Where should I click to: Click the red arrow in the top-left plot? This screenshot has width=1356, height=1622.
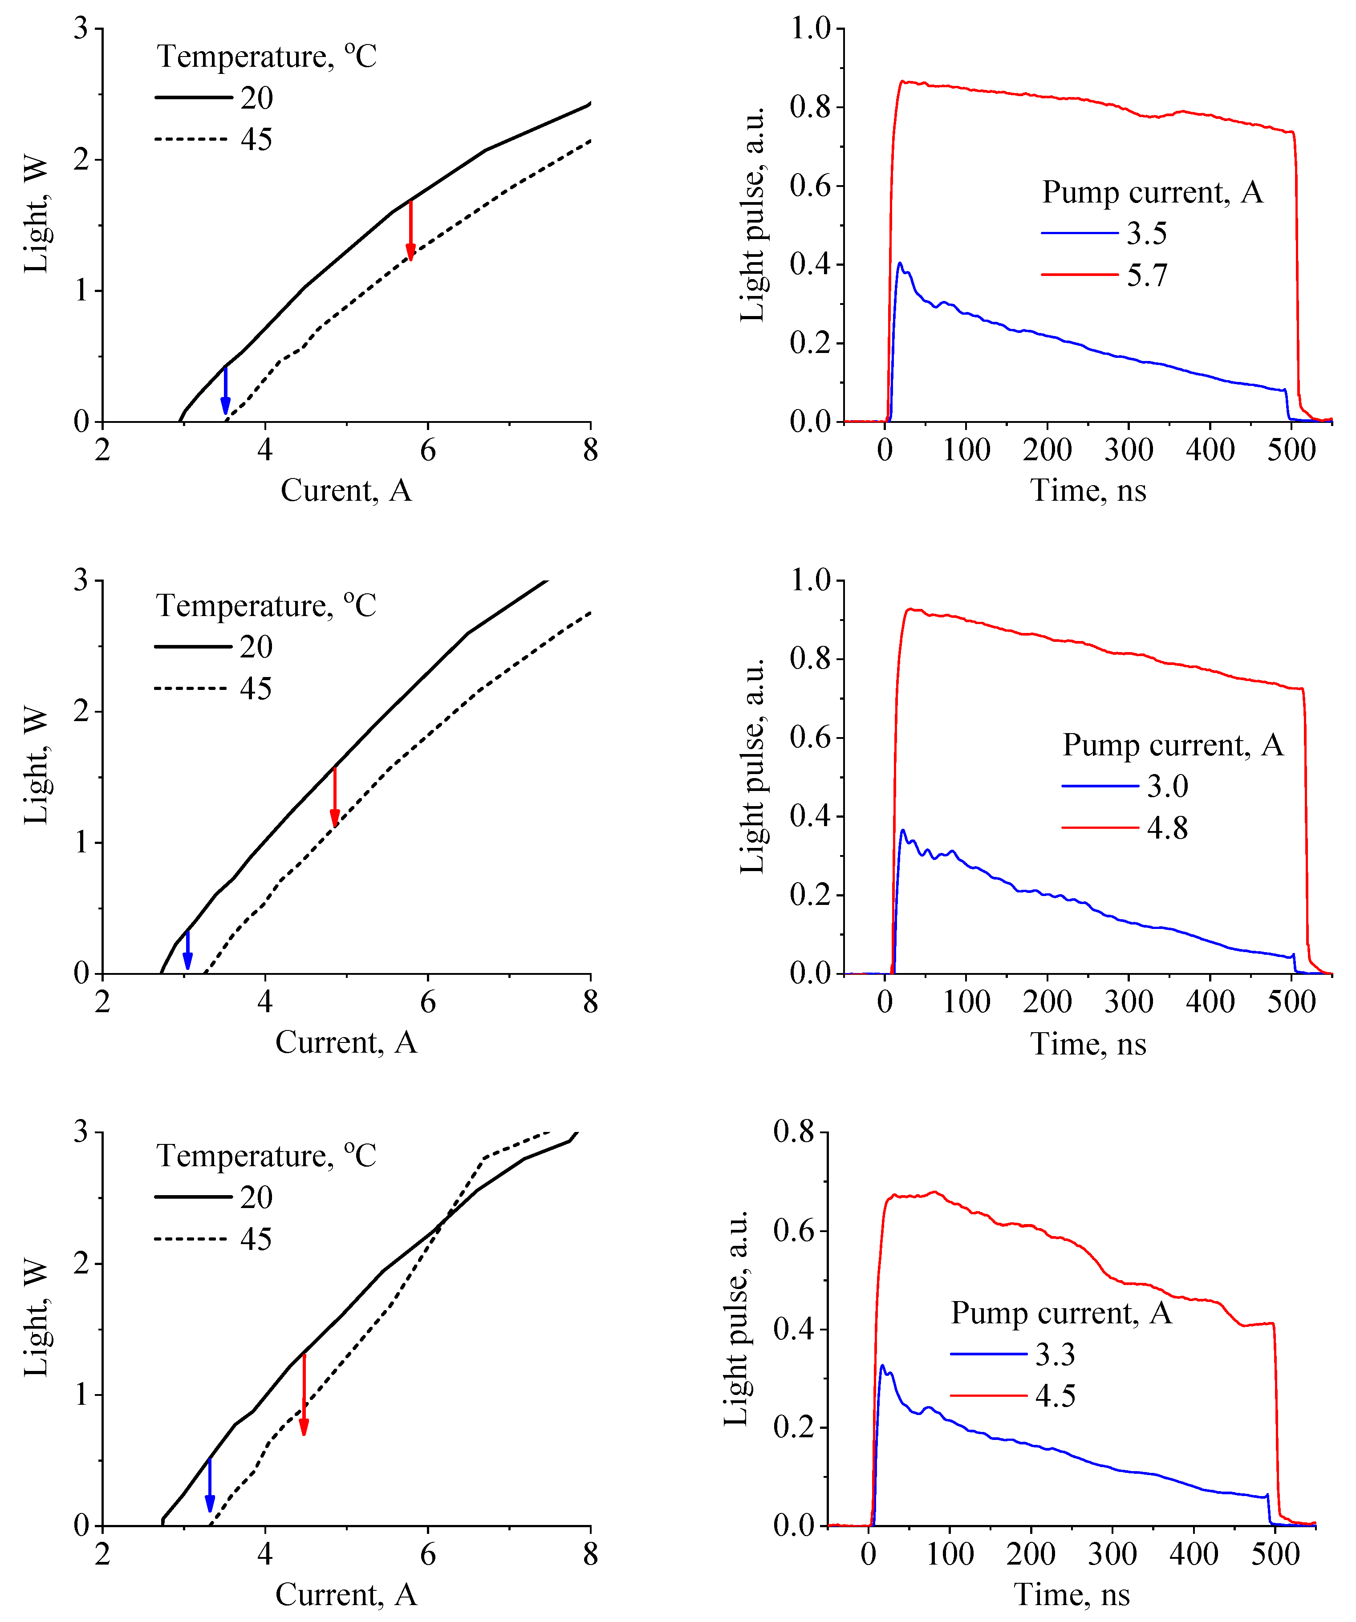click(410, 230)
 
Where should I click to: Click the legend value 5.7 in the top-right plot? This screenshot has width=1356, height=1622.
click(1147, 275)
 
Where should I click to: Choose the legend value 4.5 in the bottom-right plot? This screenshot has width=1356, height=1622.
click(1056, 1396)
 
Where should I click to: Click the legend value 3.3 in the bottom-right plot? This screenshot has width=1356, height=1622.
click(1056, 1354)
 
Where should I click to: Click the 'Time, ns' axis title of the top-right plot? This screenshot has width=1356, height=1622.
click(1088, 491)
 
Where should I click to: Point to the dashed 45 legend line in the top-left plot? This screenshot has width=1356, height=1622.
click(191, 139)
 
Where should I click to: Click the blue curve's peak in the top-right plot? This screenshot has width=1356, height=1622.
click(899, 264)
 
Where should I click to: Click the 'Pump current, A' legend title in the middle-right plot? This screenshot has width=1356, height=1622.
click(1173, 745)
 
